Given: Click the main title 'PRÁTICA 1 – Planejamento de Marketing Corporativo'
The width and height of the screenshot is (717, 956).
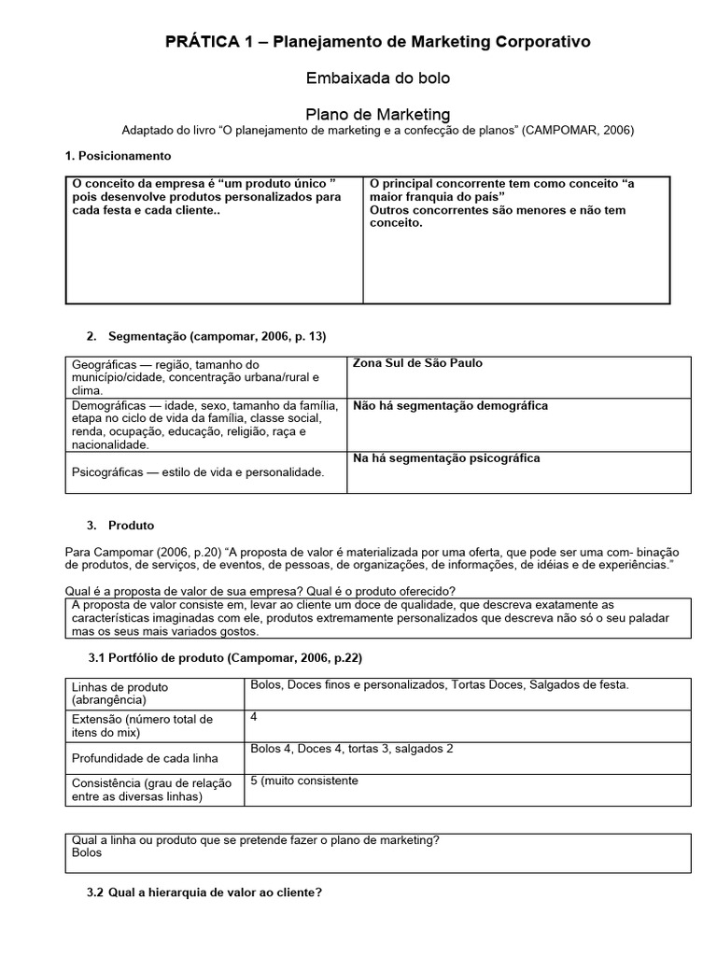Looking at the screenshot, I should pyautogui.click(x=377, y=42).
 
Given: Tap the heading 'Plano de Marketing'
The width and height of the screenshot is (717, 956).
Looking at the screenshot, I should pyautogui.click(x=378, y=114).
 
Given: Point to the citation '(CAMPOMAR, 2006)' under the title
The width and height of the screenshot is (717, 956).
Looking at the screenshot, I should pyautogui.click(x=578, y=131).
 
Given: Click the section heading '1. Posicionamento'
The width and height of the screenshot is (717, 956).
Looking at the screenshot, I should pyautogui.click(x=118, y=155).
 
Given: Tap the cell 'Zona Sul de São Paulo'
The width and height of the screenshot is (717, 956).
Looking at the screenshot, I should pyautogui.click(x=417, y=363).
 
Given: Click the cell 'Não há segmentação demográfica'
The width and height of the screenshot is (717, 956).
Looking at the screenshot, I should pyautogui.click(x=450, y=406).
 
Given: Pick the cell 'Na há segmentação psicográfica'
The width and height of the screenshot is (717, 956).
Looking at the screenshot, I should pyautogui.click(x=446, y=458).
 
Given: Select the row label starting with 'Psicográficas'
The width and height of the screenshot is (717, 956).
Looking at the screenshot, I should pyautogui.click(x=198, y=472).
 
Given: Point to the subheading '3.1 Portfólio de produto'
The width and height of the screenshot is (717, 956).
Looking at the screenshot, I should pyautogui.click(x=224, y=658).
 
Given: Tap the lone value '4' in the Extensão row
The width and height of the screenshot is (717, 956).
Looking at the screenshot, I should pyautogui.click(x=254, y=717).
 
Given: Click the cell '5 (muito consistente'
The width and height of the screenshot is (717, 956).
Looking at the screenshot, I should pyautogui.click(x=304, y=780).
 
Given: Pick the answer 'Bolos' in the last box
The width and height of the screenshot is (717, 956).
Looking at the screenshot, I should pyautogui.click(x=87, y=852).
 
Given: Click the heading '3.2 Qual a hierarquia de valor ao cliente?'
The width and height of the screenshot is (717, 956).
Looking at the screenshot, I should pyautogui.click(x=204, y=893).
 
